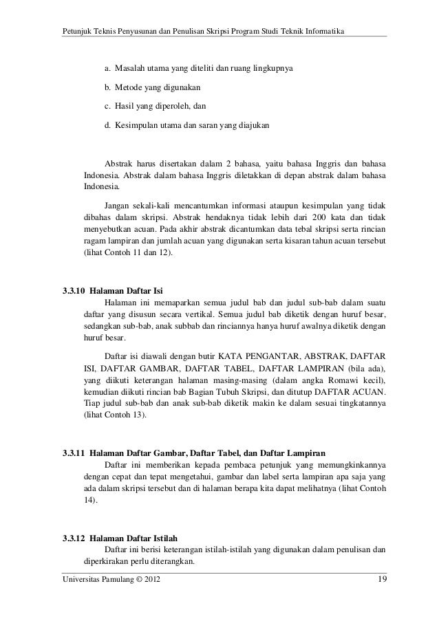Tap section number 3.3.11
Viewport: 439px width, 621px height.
pyautogui.click(x=74, y=453)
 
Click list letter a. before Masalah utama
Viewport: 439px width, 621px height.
pyautogui.click(x=107, y=69)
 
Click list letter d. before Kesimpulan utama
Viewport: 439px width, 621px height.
pyautogui.click(x=107, y=127)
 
